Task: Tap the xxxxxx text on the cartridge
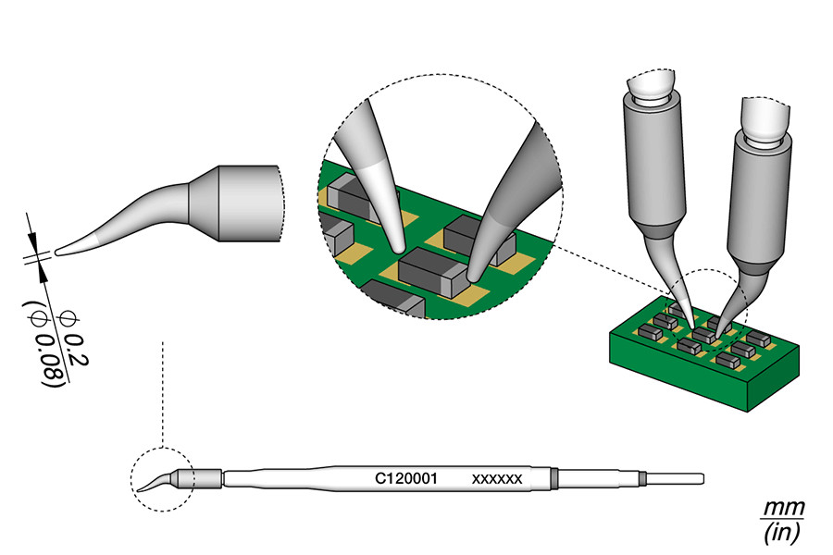498,479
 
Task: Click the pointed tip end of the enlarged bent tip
59,249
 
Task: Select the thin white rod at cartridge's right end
676,478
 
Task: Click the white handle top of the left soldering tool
653,86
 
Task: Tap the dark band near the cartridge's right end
553,478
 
